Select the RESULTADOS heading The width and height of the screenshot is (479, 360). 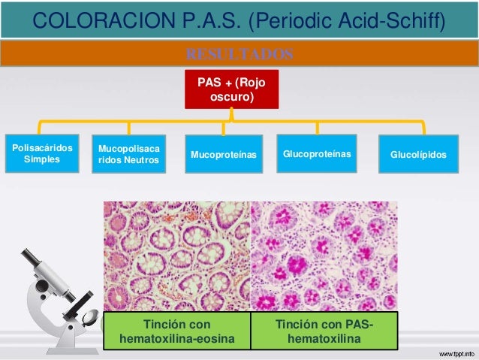pyautogui.click(x=239, y=54)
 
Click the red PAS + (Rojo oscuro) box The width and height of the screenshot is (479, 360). pyautogui.click(x=231, y=89)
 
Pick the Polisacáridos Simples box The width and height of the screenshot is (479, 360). pyautogui.click(x=42, y=154)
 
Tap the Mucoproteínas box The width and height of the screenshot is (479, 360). pyautogui.click(x=224, y=155)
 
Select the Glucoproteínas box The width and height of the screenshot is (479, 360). pyautogui.click(x=316, y=153)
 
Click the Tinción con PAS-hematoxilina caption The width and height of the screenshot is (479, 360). pyautogui.click(x=324, y=332)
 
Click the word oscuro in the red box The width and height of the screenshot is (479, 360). pyautogui.click(x=231, y=97)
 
